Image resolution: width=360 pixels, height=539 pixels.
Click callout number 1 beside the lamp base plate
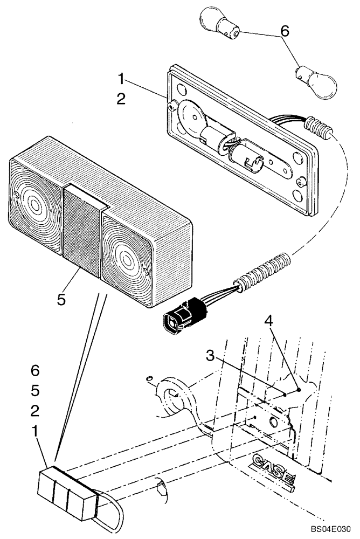click(x=122, y=80)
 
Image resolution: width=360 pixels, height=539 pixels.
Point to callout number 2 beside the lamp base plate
click(x=122, y=100)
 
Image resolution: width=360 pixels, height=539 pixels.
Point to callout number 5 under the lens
click(x=62, y=299)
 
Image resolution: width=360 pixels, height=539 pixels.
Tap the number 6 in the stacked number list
click(x=35, y=371)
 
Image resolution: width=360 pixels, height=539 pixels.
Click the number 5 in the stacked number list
click(x=35, y=390)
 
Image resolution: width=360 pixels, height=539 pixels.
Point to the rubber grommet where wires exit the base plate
click(x=319, y=129)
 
